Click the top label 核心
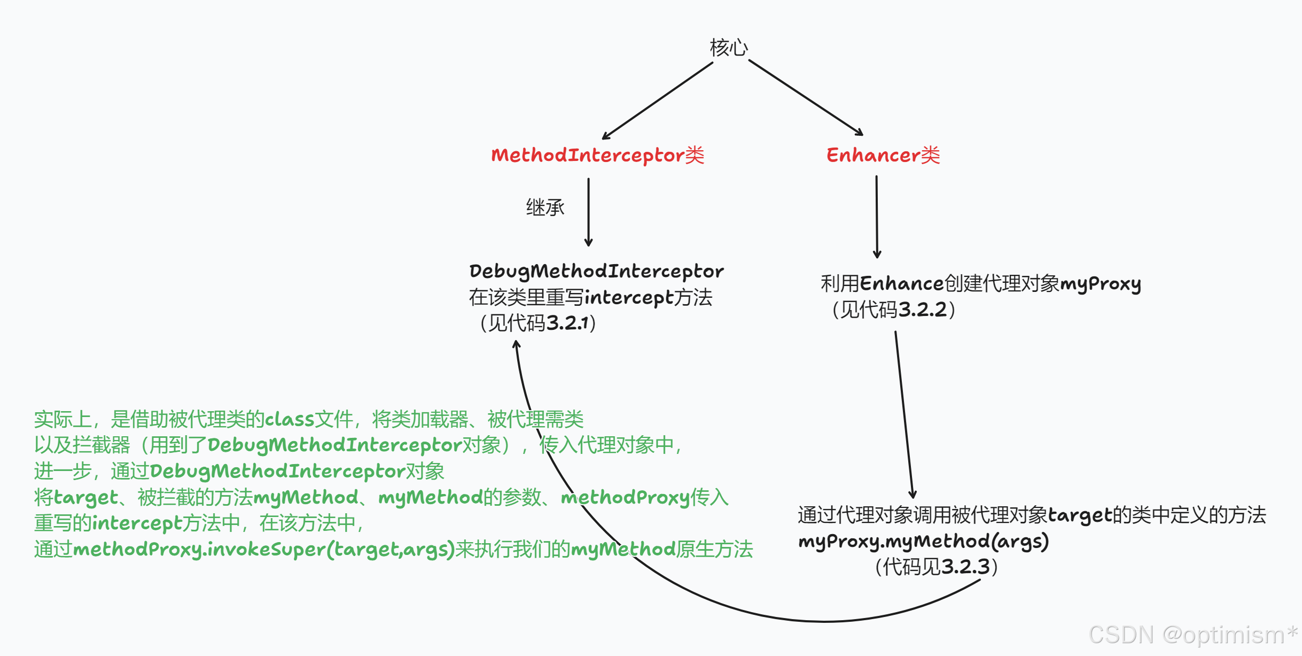point(729,48)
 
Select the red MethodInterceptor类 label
point(597,155)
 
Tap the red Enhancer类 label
point(883,155)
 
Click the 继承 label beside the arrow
point(545,207)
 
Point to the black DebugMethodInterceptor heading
point(596,271)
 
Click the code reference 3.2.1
point(567,323)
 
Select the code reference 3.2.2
point(922,310)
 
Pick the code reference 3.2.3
point(965,567)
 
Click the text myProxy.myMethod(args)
point(923,542)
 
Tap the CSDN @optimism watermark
point(1192,635)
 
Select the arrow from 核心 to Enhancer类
point(806,97)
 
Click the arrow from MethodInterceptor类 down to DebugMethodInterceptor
point(588,212)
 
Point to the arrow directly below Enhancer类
point(877,217)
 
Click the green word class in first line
point(290,419)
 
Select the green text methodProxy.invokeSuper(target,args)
point(263,549)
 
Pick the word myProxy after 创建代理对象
point(1100,284)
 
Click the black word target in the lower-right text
point(1079,515)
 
